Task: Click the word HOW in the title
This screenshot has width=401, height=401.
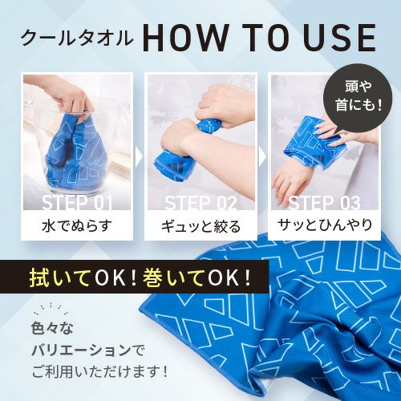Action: pos(184,38)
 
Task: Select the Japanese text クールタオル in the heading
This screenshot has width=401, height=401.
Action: pos(77,38)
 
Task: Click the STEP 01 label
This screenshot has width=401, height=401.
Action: pos(77,203)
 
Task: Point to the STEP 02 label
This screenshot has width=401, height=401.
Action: pos(200,203)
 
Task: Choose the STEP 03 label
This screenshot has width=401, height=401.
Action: pos(324,203)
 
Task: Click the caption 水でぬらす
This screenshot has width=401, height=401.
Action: pos(77,225)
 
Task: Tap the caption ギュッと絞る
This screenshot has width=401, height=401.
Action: pos(200,226)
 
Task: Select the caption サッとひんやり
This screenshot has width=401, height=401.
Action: pos(324,225)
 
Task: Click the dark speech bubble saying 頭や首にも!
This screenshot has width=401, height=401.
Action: pos(358,97)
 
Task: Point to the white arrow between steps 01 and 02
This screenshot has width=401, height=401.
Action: pos(139,157)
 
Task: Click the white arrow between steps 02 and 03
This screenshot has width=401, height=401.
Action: pos(263,157)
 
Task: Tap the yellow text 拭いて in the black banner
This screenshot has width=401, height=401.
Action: pos(59,277)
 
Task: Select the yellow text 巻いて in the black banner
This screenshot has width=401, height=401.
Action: pos(172,277)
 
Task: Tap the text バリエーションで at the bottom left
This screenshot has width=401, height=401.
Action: pos(87,350)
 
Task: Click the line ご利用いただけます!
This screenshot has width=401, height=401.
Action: pos(99,372)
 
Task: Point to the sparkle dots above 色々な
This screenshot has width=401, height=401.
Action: pos(51,309)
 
